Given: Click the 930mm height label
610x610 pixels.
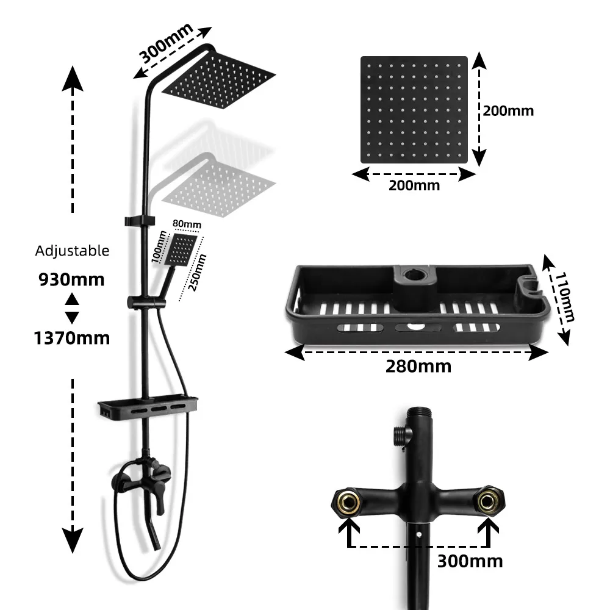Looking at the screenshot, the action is pos(71,280).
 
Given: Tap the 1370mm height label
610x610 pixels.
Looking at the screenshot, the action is pos(71,337).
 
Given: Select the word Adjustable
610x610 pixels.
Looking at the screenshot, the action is pos(72,251).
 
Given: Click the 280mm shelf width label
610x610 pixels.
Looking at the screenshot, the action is pos(418,366).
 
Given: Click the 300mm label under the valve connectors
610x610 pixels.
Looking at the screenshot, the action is pos(470,561).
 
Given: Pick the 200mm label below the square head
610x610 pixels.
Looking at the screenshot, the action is pos(414,185).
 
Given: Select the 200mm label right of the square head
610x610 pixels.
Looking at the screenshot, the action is pos(508,111).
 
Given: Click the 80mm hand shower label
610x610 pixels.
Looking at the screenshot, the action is pos(187,224).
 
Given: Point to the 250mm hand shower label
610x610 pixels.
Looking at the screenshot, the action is pos(197,273).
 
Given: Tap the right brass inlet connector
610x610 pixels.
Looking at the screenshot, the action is pos(487,501).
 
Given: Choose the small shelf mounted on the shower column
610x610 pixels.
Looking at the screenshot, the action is pos(148,406).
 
